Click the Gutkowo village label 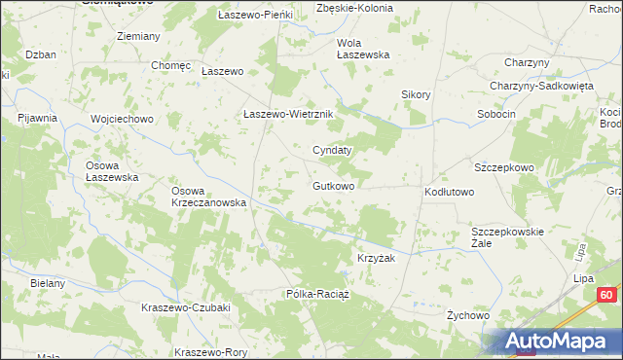[x=333, y=186]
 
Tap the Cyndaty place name [x=331, y=151]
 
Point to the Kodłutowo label [x=449, y=193]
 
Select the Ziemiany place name [x=137, y=36]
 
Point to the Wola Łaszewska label [x=363, y=49]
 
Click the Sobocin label [x=495, y=114]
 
